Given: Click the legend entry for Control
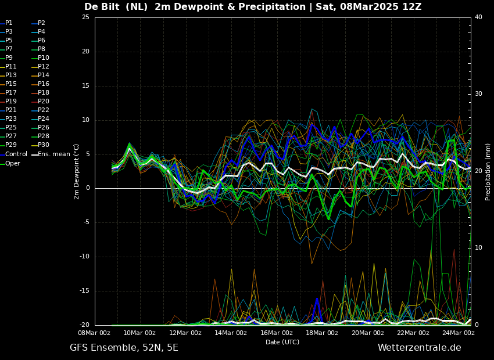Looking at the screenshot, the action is (13, 154).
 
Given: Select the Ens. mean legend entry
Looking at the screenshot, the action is (51, 154).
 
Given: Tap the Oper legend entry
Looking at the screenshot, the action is (10, 163).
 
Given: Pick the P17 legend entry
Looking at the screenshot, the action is (9, 92).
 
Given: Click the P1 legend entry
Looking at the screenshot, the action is (6, 23).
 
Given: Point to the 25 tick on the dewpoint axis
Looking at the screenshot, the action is (85, 17).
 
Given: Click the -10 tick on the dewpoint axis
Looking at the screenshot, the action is (84, 257).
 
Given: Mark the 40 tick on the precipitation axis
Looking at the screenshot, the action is (478, 17).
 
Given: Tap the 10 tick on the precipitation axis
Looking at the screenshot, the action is (478, 248).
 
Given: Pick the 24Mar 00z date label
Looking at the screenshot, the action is (459, 333).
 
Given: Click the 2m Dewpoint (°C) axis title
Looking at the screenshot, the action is (77, 171).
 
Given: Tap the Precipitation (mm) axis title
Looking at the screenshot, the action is (488, 172).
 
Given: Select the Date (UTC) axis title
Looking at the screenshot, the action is (282, 342).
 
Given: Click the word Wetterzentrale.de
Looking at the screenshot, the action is (420, 348).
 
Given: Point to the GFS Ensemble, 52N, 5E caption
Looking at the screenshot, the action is (124, 348).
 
